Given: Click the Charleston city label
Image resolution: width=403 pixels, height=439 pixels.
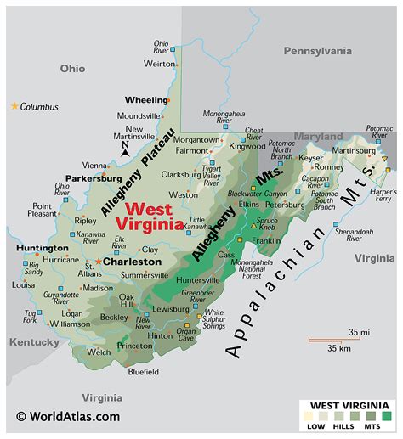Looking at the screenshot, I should (132, 262).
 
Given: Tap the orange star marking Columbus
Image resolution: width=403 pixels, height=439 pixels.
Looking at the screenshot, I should (14, 106).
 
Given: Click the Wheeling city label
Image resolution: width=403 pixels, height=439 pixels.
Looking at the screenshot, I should (146, 99).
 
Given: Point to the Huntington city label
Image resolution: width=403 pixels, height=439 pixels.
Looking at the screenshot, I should (42, 248).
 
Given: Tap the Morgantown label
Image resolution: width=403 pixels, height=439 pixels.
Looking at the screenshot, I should (197, 139).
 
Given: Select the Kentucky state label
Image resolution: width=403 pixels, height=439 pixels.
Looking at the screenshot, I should (34, 342).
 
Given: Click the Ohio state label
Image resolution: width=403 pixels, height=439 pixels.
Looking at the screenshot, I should (73, 68).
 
